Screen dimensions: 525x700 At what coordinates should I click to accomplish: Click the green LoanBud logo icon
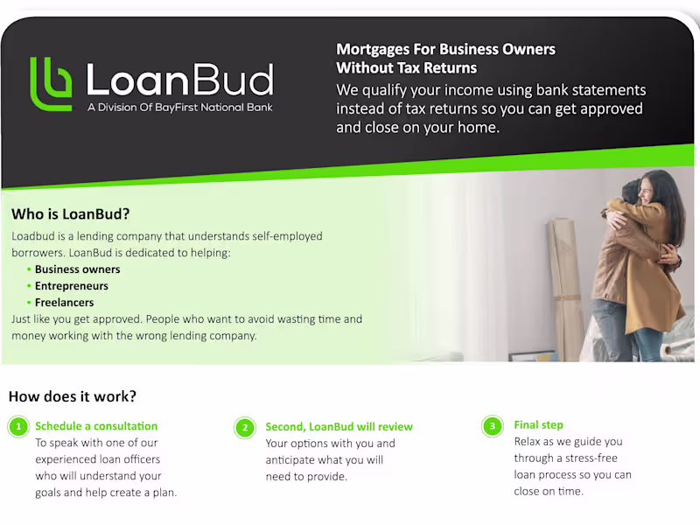(x=51, y=84)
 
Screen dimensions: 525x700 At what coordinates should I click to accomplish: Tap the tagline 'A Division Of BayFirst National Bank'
(x=179, y=108)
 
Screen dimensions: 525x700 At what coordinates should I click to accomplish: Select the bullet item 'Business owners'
(x=77, y=269)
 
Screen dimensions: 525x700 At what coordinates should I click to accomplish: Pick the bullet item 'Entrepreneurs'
(x=71, y=286)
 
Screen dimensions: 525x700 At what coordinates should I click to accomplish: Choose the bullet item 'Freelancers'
(x=64, y=303)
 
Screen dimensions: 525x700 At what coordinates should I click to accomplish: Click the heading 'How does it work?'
(x=73, y=396)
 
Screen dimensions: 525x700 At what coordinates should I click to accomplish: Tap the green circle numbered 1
(x=17, y=427)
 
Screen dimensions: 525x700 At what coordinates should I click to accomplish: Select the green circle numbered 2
(x=245, y=428)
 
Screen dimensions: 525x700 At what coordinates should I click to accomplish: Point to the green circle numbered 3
(x=493, y=426)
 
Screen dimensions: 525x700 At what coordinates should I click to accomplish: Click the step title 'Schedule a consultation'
(x=96, y=426)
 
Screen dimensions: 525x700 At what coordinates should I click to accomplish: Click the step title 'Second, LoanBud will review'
(x=339, y=427)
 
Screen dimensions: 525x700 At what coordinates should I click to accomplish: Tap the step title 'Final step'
(x=538, y=425)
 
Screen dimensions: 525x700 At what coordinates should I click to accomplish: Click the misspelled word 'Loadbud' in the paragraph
(x=33, y=236)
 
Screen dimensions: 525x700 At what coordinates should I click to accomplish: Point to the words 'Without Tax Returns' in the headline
(x=407, y=67)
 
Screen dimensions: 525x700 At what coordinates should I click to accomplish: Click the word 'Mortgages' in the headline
(x=375, y=49)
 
